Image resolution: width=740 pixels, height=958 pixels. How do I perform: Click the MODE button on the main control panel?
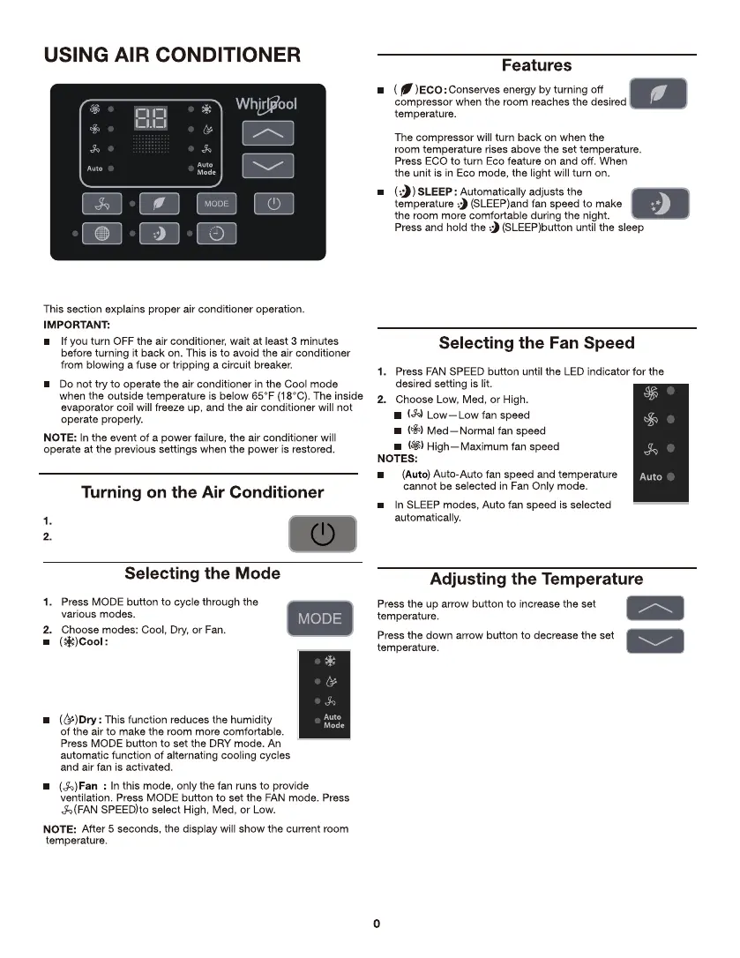[216, 204]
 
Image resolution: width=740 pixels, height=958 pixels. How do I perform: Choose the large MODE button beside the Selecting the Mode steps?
[319, 618]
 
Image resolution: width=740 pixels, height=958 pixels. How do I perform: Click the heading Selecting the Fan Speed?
[536, 342]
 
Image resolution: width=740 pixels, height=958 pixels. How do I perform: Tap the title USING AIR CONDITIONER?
[173, 55]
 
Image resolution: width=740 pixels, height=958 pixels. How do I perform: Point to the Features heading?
[536, 65]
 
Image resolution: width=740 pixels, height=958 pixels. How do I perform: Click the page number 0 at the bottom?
[377, 924]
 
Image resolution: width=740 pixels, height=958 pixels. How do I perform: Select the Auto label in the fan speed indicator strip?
[651, 476]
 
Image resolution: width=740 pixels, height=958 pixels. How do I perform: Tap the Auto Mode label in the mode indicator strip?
[333, 721]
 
